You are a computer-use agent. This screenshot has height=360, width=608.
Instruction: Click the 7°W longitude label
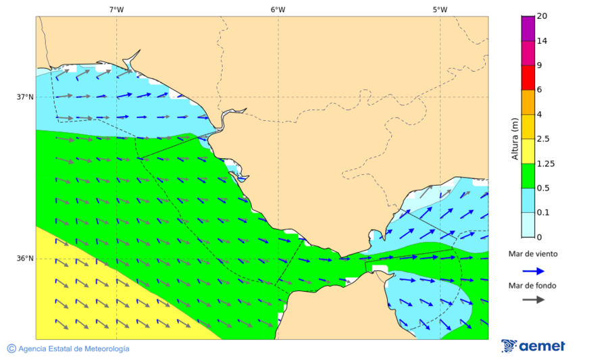(116, 9)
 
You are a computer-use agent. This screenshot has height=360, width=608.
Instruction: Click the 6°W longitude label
(278, 9)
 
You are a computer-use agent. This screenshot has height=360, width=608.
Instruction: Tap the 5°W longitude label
(440, 9)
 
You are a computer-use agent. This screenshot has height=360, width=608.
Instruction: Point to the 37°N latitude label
(25, 97)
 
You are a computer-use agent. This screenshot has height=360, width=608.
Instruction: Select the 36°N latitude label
(25, 259)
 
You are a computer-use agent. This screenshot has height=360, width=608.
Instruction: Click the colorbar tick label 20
(542, 16)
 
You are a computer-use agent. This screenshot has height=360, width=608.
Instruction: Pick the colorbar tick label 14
(542, 41)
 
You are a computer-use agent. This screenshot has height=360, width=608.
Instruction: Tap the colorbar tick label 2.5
(543, 139)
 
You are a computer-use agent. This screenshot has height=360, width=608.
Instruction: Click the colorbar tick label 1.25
(545, 163)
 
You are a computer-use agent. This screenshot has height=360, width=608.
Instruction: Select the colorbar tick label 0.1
(543, 213)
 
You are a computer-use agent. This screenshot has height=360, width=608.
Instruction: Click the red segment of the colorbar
(528, 77)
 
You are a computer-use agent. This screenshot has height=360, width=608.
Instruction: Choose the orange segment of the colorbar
(528, 102)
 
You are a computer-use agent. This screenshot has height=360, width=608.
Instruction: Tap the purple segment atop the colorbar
(528, 28)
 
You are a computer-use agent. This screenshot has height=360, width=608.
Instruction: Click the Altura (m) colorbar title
(515, 138)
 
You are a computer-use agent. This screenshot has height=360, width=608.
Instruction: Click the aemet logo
(533, 346)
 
